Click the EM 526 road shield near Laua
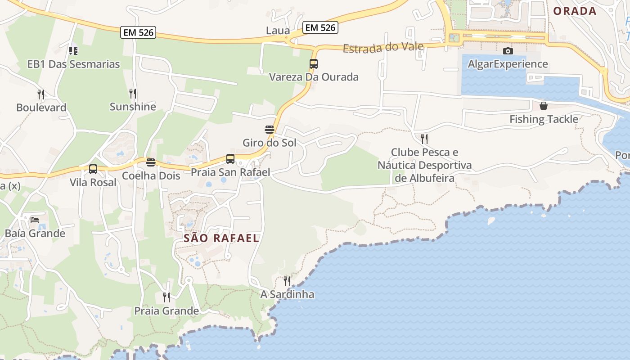click(320, 27)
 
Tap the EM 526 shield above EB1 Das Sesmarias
click(138, 32)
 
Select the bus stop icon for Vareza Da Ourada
click(314, 64)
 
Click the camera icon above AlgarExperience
click(508, 51)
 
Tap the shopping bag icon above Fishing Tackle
click(544, 106)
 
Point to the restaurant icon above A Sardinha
click(287, 281)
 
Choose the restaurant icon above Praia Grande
click(166, 297)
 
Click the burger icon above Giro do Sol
click(270, 130)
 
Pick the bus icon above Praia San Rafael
click(230, 159)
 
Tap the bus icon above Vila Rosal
click(93, 169)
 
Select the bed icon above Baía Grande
click(35, 220)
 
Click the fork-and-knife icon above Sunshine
click(133, 94)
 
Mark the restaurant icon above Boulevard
click(41, 94)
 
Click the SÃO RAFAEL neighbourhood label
click(221, 238)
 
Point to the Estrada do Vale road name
click(383, 47)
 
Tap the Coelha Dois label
click(151, 176)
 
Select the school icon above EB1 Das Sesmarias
click(73, 51)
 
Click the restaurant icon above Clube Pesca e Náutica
click(424, 139)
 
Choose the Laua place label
click(278, 31)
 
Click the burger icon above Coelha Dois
click(151, 162)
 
